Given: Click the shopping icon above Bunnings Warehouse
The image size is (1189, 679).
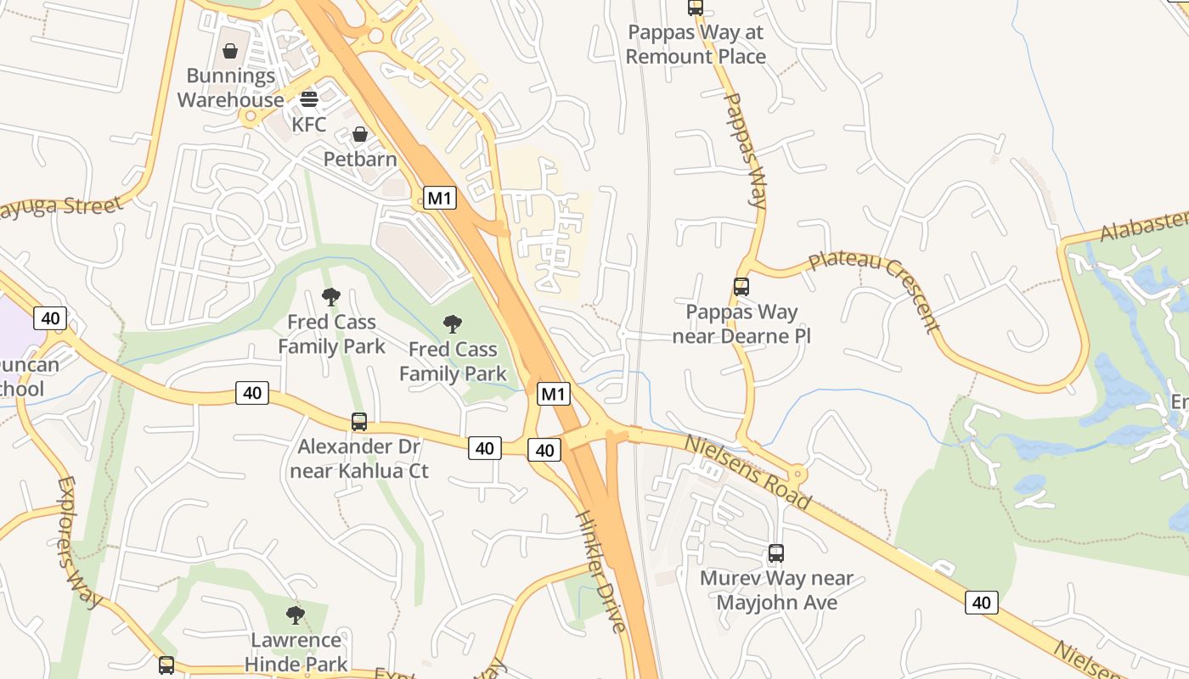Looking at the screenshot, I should tap(229, 51).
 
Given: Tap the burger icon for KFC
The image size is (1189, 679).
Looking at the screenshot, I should tap(308, 98).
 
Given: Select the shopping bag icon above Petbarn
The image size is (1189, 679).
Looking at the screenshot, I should tap(360, 134).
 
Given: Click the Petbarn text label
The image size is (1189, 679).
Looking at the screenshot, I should tap(360, 159).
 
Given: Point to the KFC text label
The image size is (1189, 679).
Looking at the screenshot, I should tap(308, 124).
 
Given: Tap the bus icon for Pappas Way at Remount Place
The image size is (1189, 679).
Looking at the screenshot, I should tap(696, 8).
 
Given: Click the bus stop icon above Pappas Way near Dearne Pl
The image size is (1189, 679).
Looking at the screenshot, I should tap(741, 287).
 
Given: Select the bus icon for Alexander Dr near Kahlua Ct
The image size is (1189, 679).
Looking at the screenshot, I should tap(359, 422).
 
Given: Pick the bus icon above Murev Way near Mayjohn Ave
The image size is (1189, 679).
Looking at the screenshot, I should tap(775, 553).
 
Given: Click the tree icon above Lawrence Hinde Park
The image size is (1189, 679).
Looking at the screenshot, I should tap(296, 615).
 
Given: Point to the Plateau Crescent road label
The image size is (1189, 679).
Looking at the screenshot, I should tap(875, 289).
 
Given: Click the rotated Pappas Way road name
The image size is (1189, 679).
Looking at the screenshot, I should tap(745, 150).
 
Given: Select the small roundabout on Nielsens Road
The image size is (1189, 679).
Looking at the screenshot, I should tap(797, 474).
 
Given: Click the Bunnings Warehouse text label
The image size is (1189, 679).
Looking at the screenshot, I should tap(230, 87).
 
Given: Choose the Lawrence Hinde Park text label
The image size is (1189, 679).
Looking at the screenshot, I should tap(296, 651).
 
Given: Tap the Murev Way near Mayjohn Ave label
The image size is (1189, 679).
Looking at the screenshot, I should tap(776, 591).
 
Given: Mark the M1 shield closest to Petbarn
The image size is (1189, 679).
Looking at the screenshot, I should tap(439, 199).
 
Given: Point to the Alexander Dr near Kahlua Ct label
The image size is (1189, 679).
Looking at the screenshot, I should tap(359, 458).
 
